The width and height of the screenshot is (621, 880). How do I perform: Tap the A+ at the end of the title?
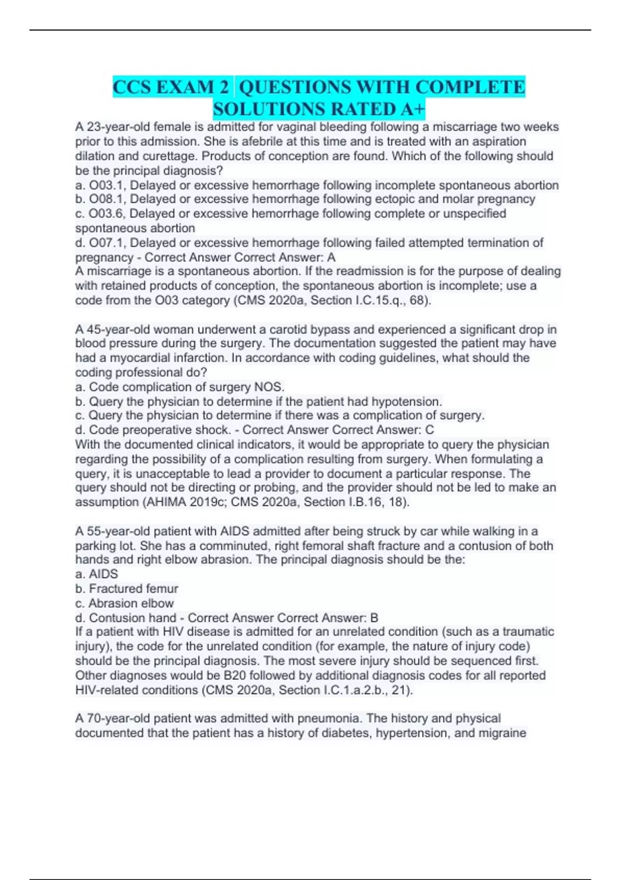[412, 109]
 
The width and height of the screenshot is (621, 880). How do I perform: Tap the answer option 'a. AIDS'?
[97, 574]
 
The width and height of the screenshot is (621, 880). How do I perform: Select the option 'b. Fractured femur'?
[127, 589]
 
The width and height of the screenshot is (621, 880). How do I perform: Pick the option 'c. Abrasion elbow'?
[125, 603]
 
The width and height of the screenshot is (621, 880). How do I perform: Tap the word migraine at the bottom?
[501, 733]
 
